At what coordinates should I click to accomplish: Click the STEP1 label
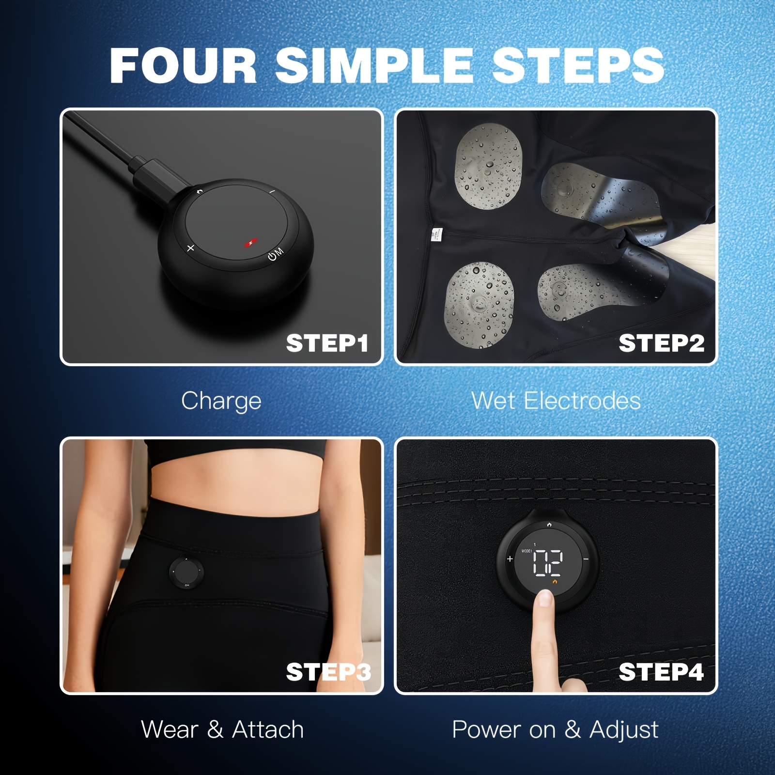(x=327, y=343)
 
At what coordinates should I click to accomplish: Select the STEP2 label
(x=661, y=343)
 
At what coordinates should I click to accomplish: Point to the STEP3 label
(x=328, y=672)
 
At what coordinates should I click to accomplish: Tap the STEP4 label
(x=661, y=672)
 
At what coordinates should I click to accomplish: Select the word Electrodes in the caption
(x=582, y=401)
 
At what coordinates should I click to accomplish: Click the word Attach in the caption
(x=268, y=729)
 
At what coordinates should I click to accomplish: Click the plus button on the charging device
(x=191, y=248)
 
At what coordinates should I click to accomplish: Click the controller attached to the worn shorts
(x=186, y=573)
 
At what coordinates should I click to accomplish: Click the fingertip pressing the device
(x=546, y=600)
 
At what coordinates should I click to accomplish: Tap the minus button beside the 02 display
(x=586, y=559)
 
